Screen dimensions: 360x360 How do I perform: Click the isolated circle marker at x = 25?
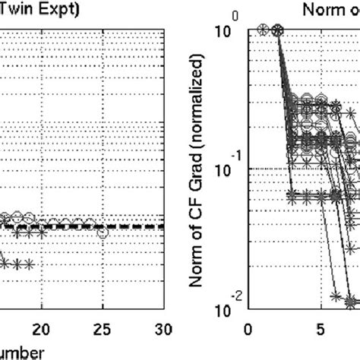pyautogui.click(x=103, y=233)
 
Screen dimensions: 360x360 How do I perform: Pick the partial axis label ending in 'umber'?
pyautogui.click(x=27, y=352)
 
